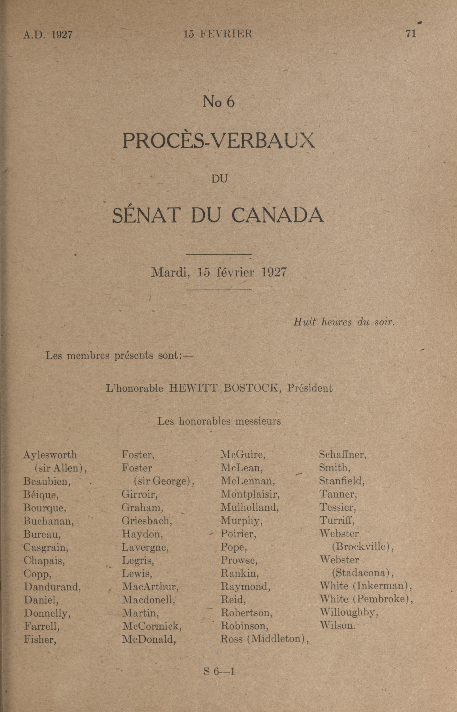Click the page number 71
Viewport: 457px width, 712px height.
click(411, 33)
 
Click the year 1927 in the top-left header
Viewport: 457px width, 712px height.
click(62, 35)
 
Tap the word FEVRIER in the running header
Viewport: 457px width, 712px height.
click(226, 34)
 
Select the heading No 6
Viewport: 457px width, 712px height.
click(219, 102)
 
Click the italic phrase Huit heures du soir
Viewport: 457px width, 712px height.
click(344, 322)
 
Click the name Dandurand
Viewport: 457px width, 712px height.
click(52, 586)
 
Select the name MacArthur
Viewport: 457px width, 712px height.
click(150, 586)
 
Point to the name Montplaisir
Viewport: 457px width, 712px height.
click(250, 494)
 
